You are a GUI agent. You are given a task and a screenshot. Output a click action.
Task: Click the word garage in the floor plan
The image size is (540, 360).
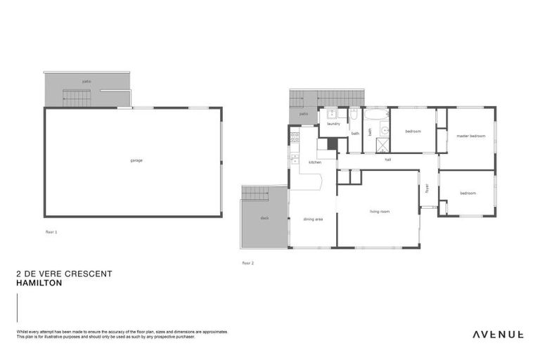(136, 160)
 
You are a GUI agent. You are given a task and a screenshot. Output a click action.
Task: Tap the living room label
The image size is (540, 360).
(380, 211)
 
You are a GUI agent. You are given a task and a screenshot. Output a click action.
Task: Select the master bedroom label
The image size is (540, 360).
(470, 136)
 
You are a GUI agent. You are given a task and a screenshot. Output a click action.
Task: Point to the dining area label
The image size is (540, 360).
(313, 219)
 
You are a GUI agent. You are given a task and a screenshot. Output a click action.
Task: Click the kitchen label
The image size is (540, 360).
(314, 162)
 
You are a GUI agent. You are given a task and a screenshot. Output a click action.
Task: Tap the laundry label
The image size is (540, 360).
(333, 124)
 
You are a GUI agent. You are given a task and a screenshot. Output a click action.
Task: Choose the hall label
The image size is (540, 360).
(387, 160)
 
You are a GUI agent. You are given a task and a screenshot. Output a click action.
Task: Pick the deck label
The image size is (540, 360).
(264, 218)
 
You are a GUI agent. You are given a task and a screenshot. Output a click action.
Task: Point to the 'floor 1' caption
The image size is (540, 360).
(51, 231)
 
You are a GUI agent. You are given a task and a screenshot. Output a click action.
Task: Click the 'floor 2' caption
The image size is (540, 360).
(247, 263)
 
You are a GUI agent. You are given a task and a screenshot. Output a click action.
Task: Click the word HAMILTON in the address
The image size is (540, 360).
(39, 283)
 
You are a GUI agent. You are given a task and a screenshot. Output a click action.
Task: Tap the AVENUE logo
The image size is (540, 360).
(497, 334)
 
